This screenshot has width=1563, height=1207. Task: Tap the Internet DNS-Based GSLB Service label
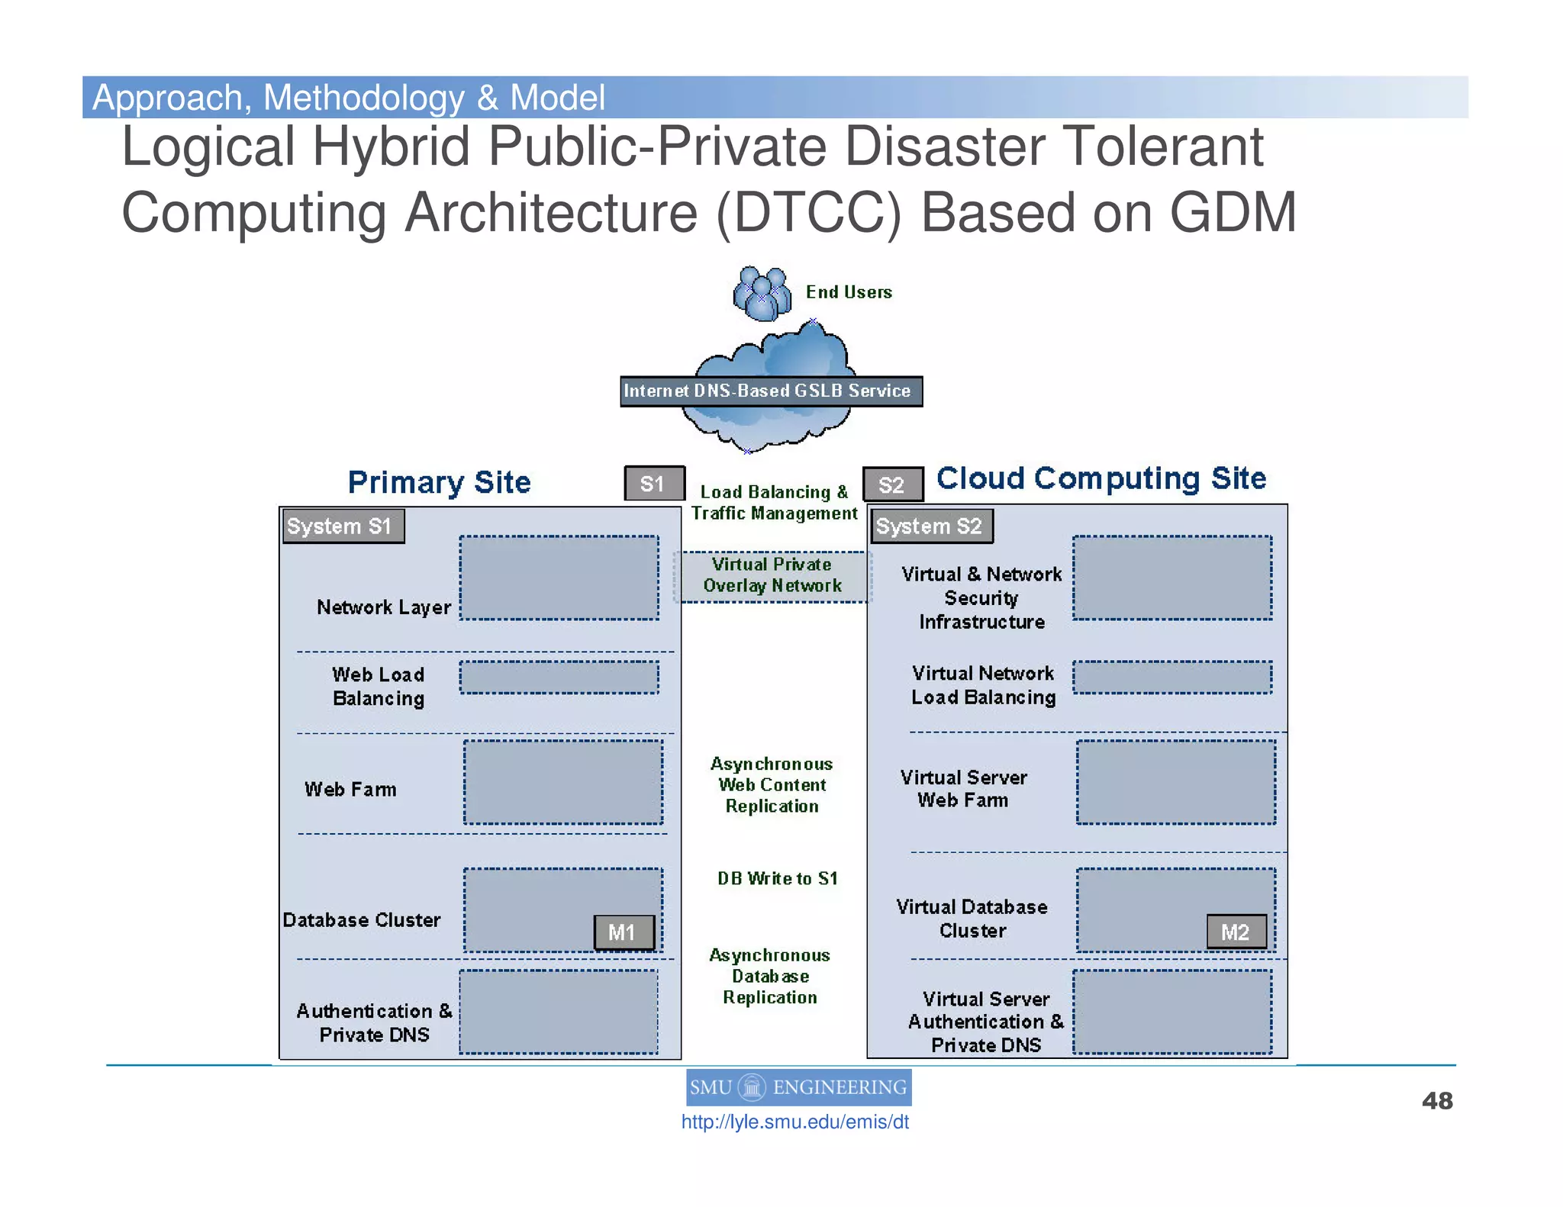770,391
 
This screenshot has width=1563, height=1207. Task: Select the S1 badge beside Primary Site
653,484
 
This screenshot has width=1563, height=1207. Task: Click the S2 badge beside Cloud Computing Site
892,484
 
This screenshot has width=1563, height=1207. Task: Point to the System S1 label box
343,526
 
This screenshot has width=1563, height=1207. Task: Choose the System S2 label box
931,526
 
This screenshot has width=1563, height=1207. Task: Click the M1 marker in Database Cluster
624,932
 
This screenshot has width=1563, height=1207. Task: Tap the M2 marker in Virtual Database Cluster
1236,932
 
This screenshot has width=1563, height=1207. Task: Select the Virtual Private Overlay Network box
772,576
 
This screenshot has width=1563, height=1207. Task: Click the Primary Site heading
439,482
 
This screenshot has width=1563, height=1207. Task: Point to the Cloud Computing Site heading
1101,478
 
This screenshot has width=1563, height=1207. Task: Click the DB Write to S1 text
777,878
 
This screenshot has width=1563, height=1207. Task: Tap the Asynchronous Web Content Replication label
772,785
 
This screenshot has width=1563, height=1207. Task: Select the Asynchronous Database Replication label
770,977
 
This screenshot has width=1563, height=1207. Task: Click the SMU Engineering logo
798,1087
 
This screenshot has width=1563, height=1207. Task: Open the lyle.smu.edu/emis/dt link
794,1122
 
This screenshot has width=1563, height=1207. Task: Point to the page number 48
1437,1101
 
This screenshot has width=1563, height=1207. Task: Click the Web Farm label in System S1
350,790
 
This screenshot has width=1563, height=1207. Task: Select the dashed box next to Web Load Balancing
559,678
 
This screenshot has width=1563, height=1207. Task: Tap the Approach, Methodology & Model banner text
349,98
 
